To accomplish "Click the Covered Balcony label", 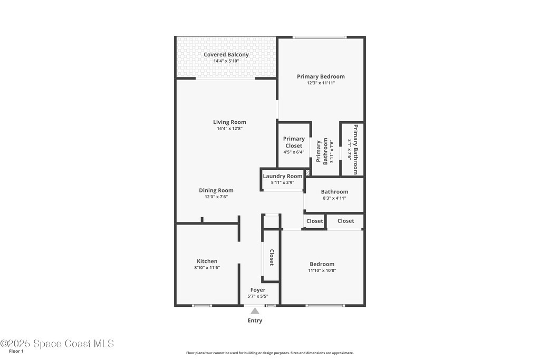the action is (x=226, y=54).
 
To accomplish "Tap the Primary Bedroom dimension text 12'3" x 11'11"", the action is (x=321, y=83).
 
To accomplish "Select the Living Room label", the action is (x=229, y=122).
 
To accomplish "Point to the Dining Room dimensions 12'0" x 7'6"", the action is (x=216, y=197).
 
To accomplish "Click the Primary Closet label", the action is (x=294, y=142).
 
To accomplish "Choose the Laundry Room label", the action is (x=283, y=176).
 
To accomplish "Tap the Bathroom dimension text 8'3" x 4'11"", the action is (x=334, y=198).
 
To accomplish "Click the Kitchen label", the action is (x=207, y=261).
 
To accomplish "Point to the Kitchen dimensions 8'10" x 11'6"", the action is (x=207, y=268).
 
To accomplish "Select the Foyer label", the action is (x=257, y=290).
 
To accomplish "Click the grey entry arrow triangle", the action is (x=255, y=311).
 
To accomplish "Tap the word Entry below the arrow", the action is (x=255, y=320).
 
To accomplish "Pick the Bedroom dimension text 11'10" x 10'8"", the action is (x=322, y=270).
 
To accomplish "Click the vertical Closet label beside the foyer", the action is (x=272, y=257).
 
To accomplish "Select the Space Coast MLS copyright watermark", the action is (x=57, y=344).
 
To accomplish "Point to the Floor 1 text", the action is (x=16, y=352).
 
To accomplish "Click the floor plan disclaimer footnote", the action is (x=270, y=353).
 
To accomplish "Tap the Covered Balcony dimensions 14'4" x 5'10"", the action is (x=226, y=61).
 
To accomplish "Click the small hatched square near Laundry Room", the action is (x=308, y=172).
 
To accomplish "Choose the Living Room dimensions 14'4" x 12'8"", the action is (x=230, y=129).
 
